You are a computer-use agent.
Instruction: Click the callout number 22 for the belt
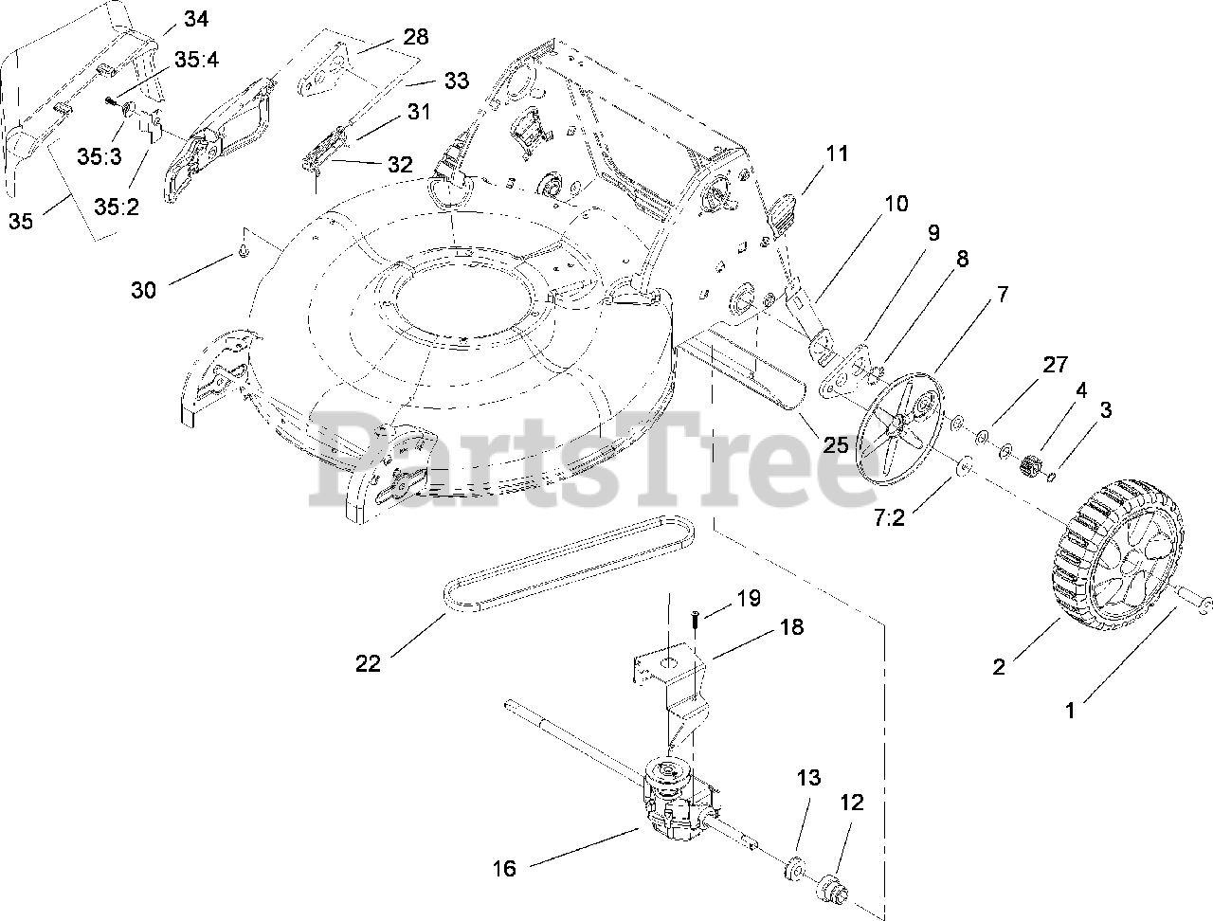368,664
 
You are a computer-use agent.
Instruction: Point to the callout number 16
505,868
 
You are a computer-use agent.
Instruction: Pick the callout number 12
852,803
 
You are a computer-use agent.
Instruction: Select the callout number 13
808,778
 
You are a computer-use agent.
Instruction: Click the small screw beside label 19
695,618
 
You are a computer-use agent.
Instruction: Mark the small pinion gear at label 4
1030,466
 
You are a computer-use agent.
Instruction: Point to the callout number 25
835,444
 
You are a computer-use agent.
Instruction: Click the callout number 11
837,153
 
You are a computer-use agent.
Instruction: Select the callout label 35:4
196,59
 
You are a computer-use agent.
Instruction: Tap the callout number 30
143,289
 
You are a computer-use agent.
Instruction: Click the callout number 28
415,37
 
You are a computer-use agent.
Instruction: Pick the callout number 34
196,18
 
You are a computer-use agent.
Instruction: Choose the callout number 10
896,204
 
